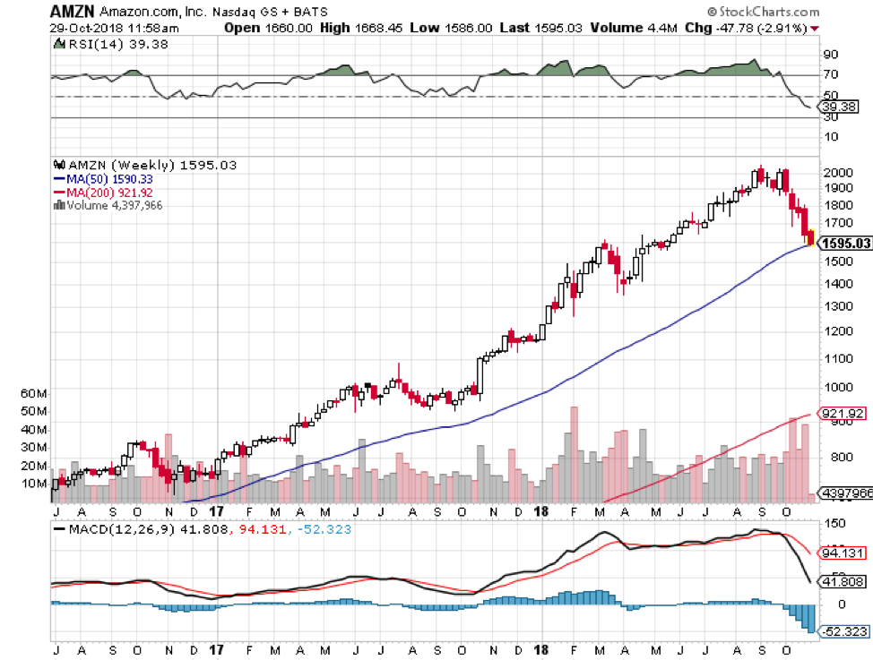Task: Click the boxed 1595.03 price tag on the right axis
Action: tap(845, 243)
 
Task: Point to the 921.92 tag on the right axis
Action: tap(844, 414)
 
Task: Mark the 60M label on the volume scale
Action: tap(31, 393)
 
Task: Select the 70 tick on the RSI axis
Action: tap(832, 75)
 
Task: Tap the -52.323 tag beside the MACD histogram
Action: tap(845, 631)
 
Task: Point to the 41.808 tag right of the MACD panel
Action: tap(845, 581)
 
